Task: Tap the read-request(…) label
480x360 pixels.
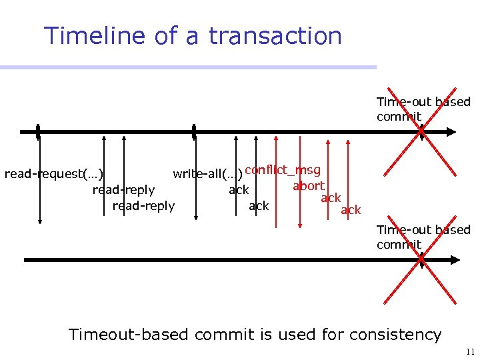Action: pos(53,175)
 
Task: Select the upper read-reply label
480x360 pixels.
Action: pos(123,190)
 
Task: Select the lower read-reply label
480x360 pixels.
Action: pos(143,206)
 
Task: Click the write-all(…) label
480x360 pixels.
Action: pos(207,175)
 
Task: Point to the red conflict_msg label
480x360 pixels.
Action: pos(283,170)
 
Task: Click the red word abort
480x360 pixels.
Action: pos(309,186)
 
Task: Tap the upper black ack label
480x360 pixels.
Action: pos(239,190)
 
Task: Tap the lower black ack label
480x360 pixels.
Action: pos(259,206)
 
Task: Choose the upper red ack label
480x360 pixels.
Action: pos(331,198)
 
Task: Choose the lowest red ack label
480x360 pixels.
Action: pos(351,210)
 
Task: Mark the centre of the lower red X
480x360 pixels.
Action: pos(421,260)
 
